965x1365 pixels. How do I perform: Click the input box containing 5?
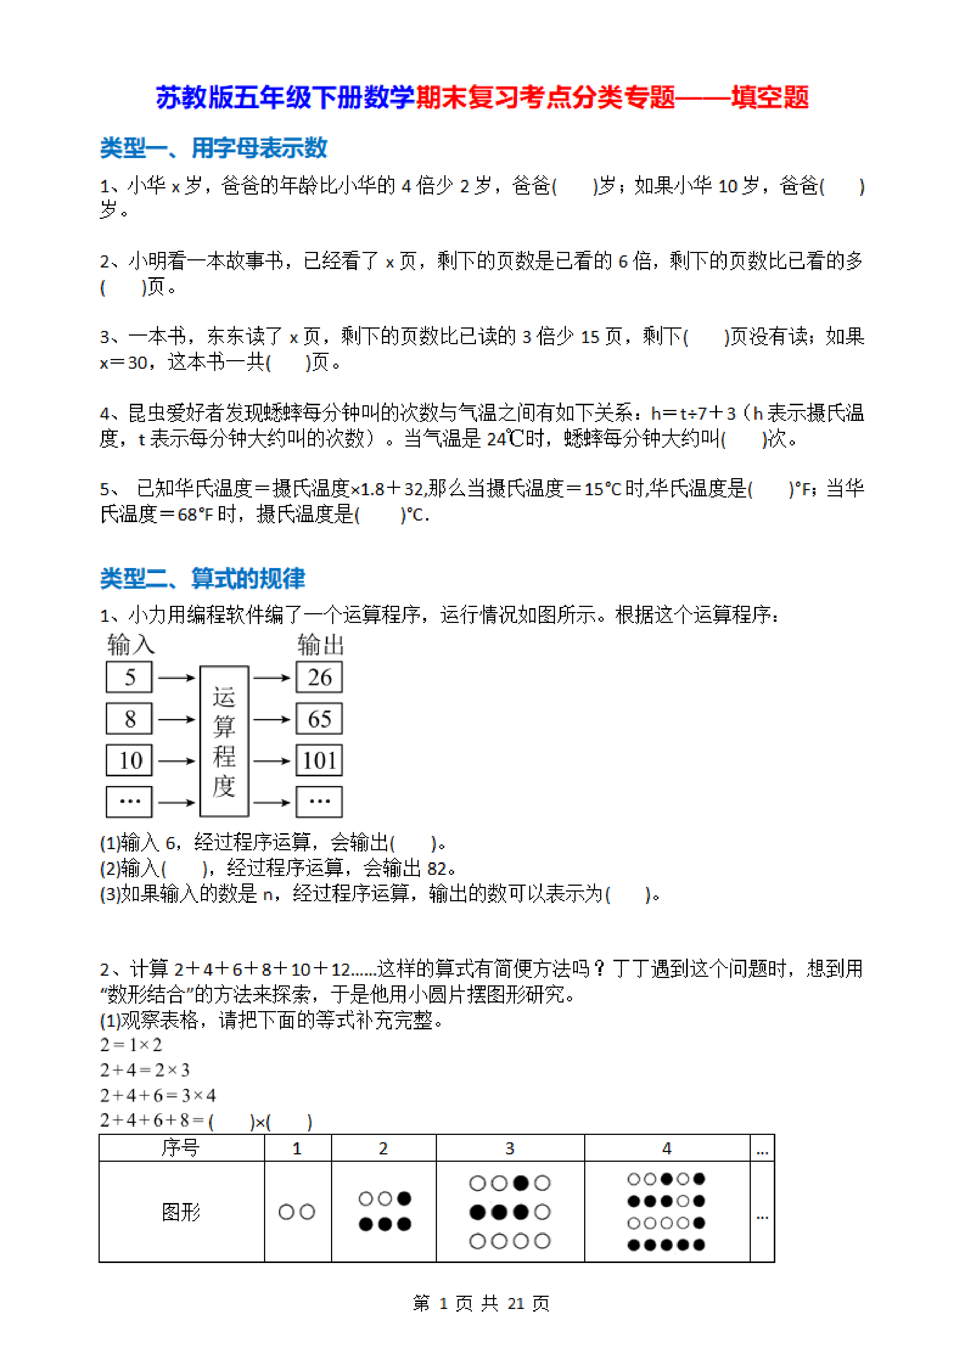pyautogui.click(x=129, y=677)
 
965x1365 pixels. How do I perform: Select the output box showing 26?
pyautogui.click(x=319, y=677)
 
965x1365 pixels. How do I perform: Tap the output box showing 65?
pyautogui.click(x=319, y=719)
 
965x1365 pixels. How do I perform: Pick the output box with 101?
pyautogui.click(x=319, y=760)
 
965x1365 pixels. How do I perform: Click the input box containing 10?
pyautogui.click(x=129, y=760)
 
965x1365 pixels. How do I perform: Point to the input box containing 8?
pyautogui.click(x=129, y=719)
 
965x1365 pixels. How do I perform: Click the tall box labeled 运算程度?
pyautogui.click(x=224, y=741)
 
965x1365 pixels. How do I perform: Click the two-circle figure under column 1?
pyautogui.click(x=297, y=1212)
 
